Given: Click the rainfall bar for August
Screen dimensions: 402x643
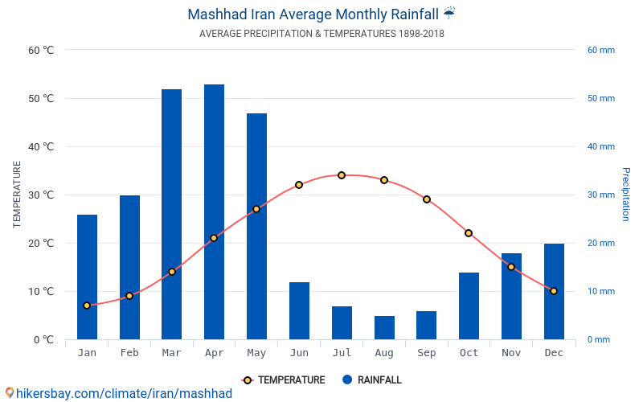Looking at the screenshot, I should click(x=384, y=327).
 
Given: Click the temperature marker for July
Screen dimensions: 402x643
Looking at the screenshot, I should click(x=342, y=175).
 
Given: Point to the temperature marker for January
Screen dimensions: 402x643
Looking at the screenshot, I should click(x=87, y=306).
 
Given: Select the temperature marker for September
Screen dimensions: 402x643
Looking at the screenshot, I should click(x=427, y=199).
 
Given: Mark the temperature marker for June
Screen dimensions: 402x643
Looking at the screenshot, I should click(x=299, y=185).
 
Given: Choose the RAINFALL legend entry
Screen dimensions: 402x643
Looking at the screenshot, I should click(x=371, y=380).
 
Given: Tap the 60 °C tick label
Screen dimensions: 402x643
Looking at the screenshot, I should click(x=41, y=50).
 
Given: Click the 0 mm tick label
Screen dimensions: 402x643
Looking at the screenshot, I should click(x=598, y=339).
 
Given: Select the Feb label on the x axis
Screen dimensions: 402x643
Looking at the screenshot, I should click(x=129, y=353).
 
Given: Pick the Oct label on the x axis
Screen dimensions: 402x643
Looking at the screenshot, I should click(x=469, y=353).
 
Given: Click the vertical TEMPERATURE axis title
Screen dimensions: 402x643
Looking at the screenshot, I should click(x=17, y=195).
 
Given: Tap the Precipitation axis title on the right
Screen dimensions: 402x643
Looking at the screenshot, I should click(x=626, y=195).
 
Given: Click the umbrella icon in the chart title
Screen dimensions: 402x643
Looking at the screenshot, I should click(x=449, y=13).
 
